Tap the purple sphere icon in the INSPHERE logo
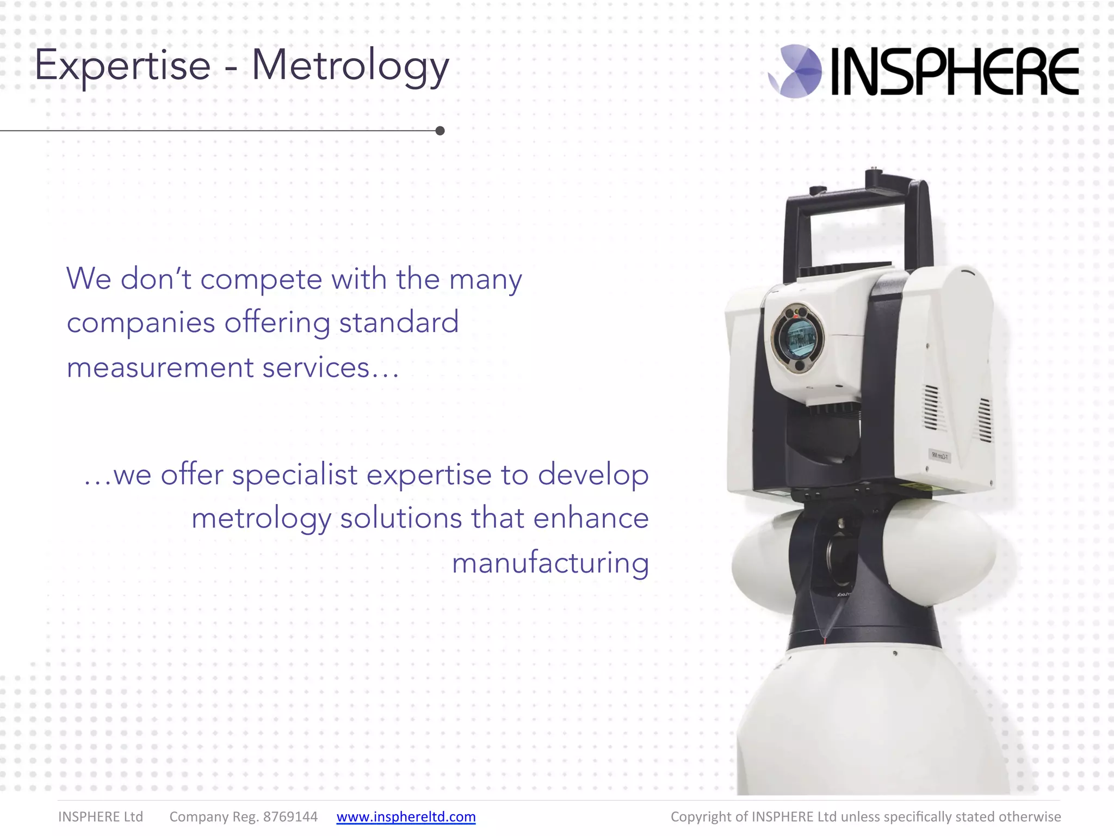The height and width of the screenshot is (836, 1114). [x=795, y=71]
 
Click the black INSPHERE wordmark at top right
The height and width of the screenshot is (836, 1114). [x=955, y=71]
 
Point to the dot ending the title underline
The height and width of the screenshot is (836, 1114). [x=440, y=131]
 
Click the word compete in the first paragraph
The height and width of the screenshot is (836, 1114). [x=261, y=280]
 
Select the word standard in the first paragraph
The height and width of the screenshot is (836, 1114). [x=399, y=322]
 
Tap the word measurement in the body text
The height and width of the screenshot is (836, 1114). [x=160, y=367]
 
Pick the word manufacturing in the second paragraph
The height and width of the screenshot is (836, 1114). [x=550, y=563]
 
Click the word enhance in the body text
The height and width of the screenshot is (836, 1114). [x=591, y=518]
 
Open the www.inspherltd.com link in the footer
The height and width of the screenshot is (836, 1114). [x=406, y=816]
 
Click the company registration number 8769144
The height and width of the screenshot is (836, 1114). [x=290, y=816]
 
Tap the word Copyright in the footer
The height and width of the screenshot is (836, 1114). [x=701, y=816]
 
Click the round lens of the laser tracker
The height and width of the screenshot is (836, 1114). [x=798, y=338]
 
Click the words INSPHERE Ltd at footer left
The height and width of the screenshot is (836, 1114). [x=101, y=816]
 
